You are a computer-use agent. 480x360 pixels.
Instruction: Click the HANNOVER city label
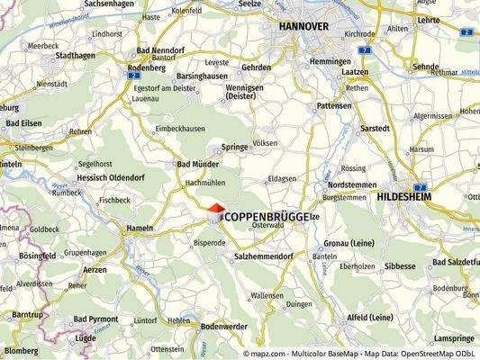point(303,26)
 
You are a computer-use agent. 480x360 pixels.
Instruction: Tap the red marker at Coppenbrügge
point(216,209)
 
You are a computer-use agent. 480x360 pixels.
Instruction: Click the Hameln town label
point(140,229)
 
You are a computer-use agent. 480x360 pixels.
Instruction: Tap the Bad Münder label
point(195,165)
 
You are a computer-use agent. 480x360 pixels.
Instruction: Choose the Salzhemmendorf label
point(266,256)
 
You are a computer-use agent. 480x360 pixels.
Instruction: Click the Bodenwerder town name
point(225,326)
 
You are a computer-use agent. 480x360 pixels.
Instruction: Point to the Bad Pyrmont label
point(95,319)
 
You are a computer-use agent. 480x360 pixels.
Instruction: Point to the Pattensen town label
point(334,105)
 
